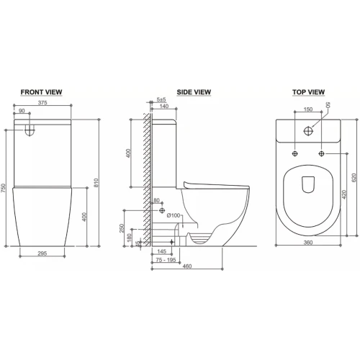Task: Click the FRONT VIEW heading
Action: point(41,92)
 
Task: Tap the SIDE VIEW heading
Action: point(194,92)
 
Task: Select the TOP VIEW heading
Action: point(308,92)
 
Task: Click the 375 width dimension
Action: point(42,103)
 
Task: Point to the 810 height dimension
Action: point(96,183)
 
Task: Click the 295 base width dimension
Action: point(42,253)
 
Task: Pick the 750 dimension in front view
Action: point(3,188)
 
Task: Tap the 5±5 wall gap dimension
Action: point(161,99)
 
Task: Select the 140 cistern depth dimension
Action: point(164,106)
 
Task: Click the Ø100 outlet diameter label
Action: point(174,215)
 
